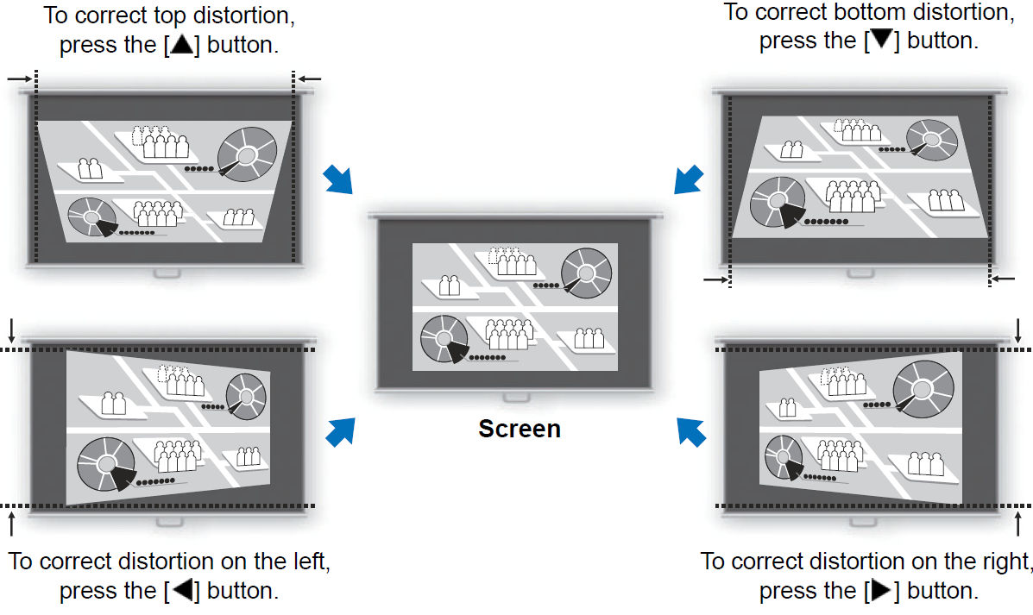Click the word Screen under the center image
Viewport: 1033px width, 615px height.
(520, 429)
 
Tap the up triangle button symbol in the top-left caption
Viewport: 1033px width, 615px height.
(182, 45)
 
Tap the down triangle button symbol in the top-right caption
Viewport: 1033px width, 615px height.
(881, 41)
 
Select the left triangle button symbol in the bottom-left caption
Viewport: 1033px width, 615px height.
(182, 592)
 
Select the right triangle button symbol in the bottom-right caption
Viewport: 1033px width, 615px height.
(881, 592)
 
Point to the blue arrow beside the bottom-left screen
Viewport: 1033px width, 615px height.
(341, 431)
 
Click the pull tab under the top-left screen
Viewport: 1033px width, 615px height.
(167, 273)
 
